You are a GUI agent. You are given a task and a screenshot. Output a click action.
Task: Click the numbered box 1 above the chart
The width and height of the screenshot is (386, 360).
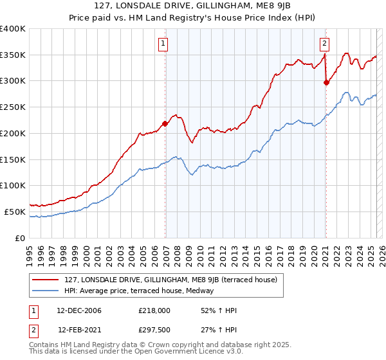tap(163, 44)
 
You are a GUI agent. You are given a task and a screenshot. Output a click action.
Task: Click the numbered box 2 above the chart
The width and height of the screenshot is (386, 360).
tap(324, 44)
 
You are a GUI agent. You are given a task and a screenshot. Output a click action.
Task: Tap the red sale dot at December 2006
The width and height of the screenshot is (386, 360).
tap(165, 123)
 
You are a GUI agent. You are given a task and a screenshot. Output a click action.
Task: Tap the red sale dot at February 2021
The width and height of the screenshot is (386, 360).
tap(326, 82)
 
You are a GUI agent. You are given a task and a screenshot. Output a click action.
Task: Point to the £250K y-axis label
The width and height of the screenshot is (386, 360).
tap(12, 107)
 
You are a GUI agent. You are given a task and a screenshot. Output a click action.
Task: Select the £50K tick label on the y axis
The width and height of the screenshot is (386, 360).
tap(15, 212)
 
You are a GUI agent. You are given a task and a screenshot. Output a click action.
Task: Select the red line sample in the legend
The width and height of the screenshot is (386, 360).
tap(45, 280)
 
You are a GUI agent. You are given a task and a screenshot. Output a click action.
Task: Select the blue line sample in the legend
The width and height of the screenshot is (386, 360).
tap(45, 291)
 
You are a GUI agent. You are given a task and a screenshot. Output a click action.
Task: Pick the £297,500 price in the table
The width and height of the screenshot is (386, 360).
tap(154, 330)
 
